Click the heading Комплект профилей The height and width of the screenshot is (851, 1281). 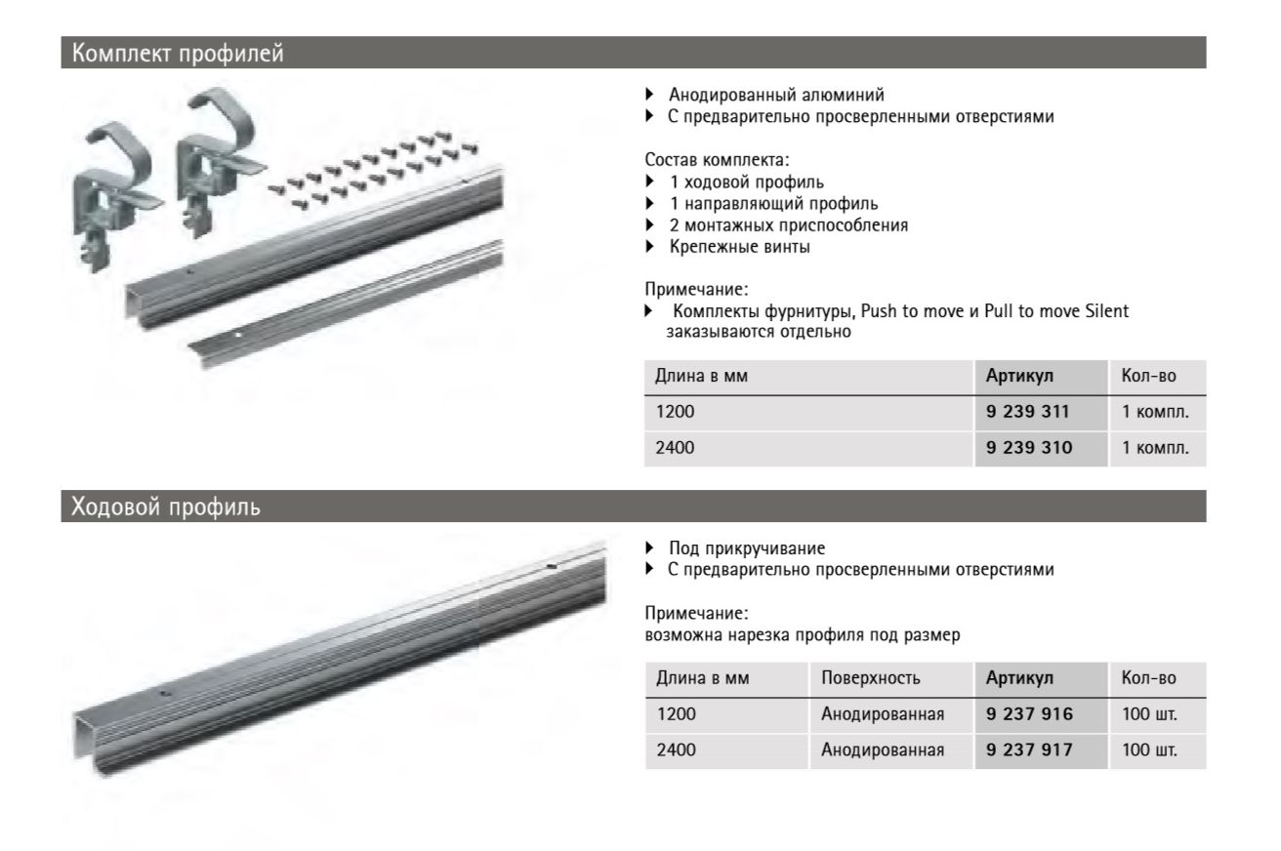[173, 53]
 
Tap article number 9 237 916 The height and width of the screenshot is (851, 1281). [1028, 715]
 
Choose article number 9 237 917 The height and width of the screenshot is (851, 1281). [1028, 751]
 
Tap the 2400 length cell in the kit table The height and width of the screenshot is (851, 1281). [676, 449]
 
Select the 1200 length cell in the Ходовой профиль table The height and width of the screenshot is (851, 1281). [676, 715]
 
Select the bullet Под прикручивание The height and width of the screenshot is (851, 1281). [740, 550]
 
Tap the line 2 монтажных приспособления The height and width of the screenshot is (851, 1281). [788, 225]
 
